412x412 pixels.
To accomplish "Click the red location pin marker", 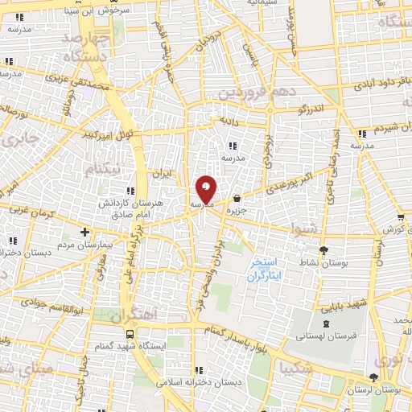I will (x=207, y=190).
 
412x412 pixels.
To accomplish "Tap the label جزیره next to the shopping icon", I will (x=235, y=210).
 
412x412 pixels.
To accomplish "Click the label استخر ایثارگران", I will (x=263, y=268).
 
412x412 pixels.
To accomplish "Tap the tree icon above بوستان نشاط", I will (x=324, y=250).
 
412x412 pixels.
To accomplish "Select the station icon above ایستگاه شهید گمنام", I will (x=129, y=332).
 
